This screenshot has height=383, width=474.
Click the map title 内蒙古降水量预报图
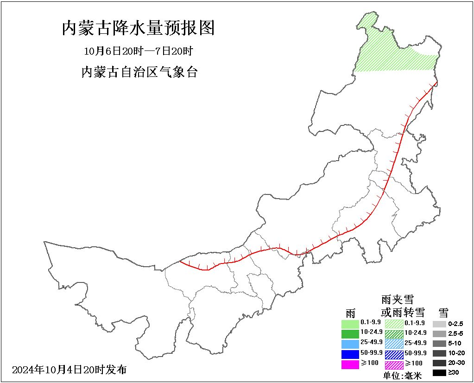tap(138, 28)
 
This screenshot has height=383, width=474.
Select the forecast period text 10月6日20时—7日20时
tap(138, 50)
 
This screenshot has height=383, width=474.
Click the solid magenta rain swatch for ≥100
tap(350, 364)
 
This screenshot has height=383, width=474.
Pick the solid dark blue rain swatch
tap(350, 354)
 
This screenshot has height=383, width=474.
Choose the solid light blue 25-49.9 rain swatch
tap(350, 344)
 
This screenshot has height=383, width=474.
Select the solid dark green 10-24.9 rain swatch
tap(350, 333)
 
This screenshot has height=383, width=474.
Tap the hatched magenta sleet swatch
tap(394, 364)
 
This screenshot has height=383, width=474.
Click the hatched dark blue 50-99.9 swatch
tap(394, 354)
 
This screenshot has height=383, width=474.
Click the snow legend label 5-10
tap(455, 344)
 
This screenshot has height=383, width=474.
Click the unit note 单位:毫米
tap(402, 376)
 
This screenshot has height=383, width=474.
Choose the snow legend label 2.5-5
tap(455, 333)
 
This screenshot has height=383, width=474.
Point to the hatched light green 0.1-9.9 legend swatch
tap(394, 323)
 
